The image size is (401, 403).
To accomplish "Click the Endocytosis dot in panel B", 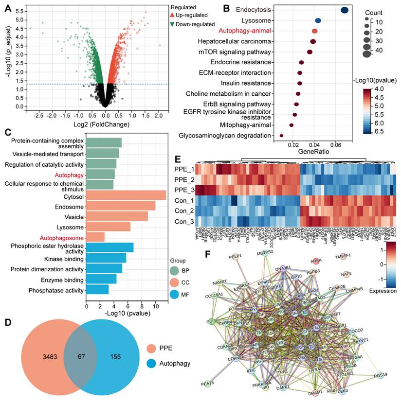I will pyautogui.click(x=345, y=10).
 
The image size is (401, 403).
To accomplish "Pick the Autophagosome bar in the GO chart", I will pyautogui.click(x=95, y=237).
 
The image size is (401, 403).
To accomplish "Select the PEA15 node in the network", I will pyautogui.click(x=208, y=384).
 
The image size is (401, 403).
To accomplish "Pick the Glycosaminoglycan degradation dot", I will pyautogui.click(x=281, y=136).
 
